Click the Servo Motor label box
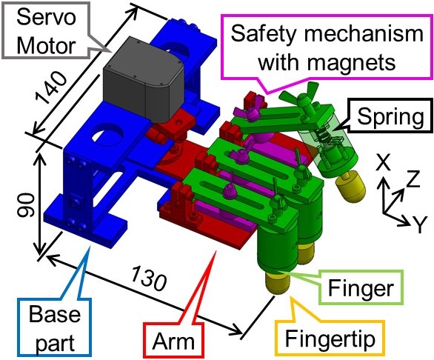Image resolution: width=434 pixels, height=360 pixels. pos(47,30)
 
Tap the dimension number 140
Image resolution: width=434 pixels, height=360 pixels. pos(52,88)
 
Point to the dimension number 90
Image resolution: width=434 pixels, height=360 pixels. pos(26,205)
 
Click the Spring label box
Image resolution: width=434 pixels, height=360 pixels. pos(391,116)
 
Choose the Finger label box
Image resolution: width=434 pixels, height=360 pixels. pos(361,288)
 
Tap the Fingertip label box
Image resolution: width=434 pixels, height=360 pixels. pos(330,339)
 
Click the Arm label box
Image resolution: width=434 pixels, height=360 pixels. pos(173,341)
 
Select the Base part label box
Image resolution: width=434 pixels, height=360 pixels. pos(55,327)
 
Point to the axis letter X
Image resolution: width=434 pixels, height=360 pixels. pos(384,163)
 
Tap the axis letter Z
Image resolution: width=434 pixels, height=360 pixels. pos(413,179)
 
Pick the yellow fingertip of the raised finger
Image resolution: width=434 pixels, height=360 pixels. pos(351,185)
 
